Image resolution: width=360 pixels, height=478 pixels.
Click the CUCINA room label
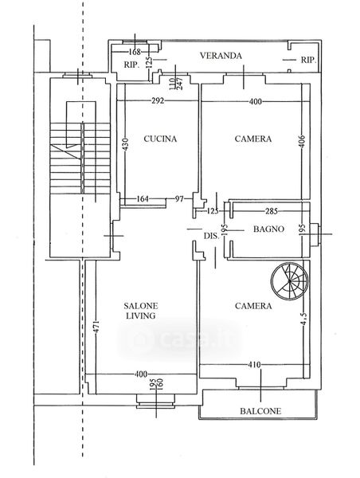(x=160, y=139)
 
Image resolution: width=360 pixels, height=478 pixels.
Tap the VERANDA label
(x=221, y=56)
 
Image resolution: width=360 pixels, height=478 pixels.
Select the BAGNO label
(x=268, y=229)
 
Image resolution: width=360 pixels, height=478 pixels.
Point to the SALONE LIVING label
(x=141, y=311)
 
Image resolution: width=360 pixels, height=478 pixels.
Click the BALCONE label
(x=260, y=411)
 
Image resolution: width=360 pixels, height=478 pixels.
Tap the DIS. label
(x=211, y=236)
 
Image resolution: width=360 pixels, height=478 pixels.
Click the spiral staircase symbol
(x=290, y=280)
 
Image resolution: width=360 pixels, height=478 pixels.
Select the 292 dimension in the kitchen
(x=158, y=100)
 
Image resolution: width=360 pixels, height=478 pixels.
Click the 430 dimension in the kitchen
(x=126, y=144)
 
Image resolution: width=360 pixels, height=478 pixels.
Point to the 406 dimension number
(x=302, y=141)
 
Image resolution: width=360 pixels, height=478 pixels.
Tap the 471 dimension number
(x=96, y=326)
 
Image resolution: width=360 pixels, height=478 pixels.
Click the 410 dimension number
(x=255, y=365)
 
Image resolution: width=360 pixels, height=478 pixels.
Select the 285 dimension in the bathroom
(x=272, y=211)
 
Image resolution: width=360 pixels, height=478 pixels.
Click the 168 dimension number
(x=135, y=52)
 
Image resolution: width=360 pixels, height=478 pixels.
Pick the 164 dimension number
(x=143, y=199)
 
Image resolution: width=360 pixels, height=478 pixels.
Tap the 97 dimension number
(x=179, y=199)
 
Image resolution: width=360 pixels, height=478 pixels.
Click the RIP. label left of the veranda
(x=131, y=65)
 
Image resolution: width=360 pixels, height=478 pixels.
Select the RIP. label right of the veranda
(x=308, y=60)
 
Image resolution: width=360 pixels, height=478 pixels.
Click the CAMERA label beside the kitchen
(x=253, y=139)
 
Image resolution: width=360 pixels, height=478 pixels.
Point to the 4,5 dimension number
(x=304, y=319)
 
